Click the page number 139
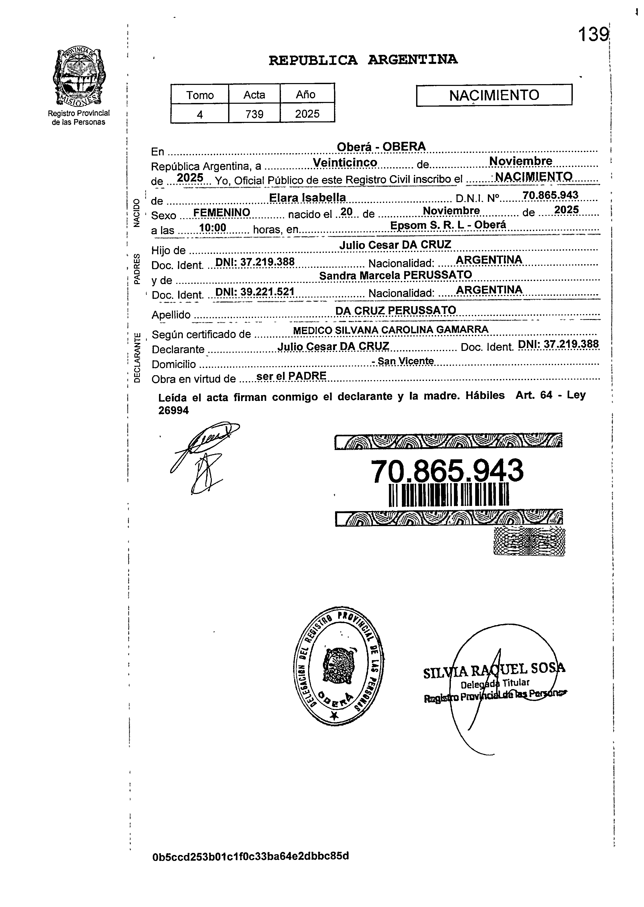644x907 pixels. coord(593,35)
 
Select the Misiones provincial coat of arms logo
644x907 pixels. coord(78,78)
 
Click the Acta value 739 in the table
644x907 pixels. coord(254,114)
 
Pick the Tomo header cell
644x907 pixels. coord(200,95)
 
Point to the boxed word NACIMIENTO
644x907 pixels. coord(494,95)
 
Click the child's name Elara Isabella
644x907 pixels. coord(307,197)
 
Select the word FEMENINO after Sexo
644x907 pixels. coord(221,213)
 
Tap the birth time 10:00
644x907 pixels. coord(213,227)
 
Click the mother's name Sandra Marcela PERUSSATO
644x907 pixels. coord(395,275)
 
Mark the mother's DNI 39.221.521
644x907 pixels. coord(254,292)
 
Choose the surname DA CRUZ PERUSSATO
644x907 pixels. coord(395,310)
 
